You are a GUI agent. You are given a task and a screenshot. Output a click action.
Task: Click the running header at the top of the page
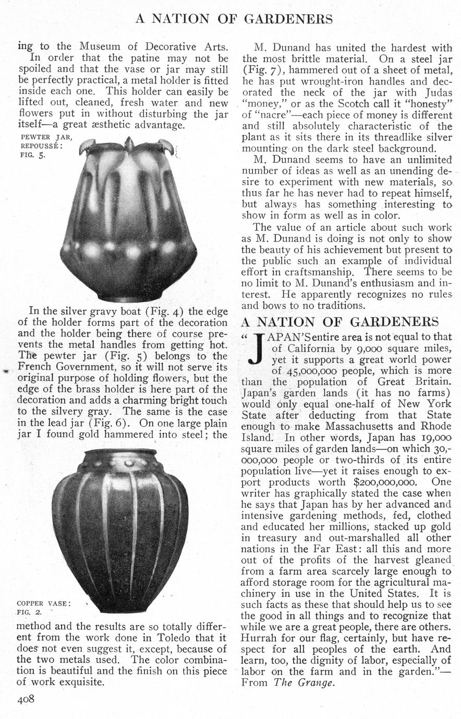point(234,19)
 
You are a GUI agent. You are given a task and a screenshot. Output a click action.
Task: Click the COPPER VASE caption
point(43,603)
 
